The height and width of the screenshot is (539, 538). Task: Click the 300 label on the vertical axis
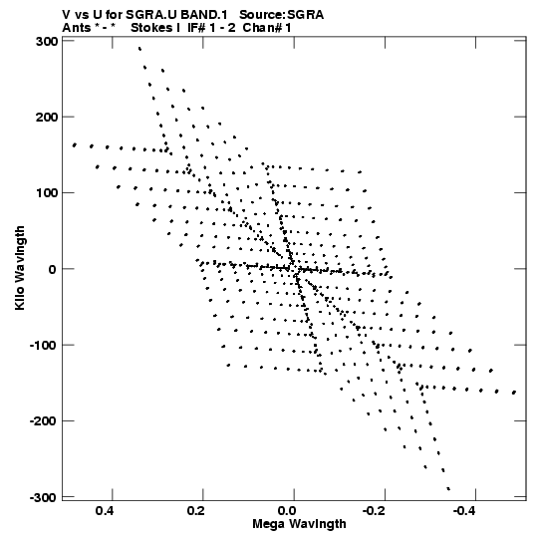pos(47,41)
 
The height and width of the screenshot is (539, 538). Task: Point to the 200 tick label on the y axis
pos(47,118)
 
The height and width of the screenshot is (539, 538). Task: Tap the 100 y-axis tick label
pos(47,193)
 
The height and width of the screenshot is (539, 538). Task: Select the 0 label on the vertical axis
pos(53,269)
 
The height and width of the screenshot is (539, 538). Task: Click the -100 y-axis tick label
pos(43,345)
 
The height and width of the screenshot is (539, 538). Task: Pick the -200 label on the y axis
pos(43,421)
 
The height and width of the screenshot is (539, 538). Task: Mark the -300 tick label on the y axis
pos(43,497)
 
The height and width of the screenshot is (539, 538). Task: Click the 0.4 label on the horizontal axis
pos(105,511)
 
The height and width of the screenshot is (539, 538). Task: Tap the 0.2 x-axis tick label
pos(195,511)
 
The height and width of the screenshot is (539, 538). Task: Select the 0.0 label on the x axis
pos(286,511)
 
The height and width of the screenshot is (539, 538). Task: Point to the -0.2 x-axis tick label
pos(375,511)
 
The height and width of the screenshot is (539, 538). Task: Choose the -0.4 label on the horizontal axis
pos(465,511)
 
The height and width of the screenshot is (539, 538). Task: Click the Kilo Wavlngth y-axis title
pos(20,268)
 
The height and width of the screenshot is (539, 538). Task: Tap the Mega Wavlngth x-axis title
pos(299,524)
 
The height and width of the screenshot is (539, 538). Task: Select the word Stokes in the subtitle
pos(151,28)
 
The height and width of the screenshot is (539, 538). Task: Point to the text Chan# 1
pos(267,28)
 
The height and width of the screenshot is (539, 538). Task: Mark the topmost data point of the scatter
pos(139,49)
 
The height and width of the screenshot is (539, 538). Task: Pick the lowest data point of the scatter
pos(448,489)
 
